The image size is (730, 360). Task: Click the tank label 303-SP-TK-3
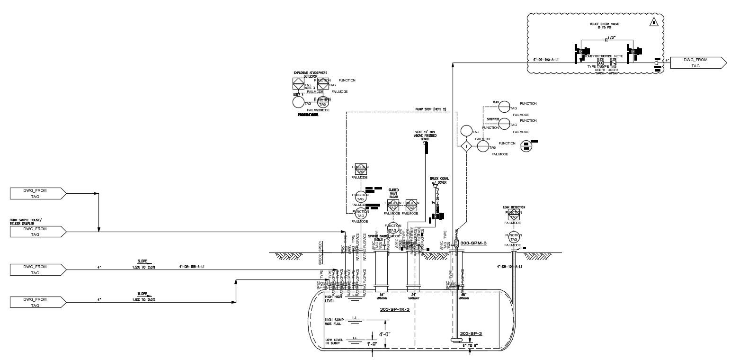394,309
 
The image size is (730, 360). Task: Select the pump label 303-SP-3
471,333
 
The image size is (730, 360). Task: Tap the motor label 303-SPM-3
473,243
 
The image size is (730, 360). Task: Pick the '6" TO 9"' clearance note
470,346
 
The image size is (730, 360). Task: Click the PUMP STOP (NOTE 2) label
431,109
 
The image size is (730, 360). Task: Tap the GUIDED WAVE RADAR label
393,193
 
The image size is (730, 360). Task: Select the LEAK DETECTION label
514,207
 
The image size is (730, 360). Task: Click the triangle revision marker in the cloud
654,22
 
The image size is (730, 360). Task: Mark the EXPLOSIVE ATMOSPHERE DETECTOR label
310,74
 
